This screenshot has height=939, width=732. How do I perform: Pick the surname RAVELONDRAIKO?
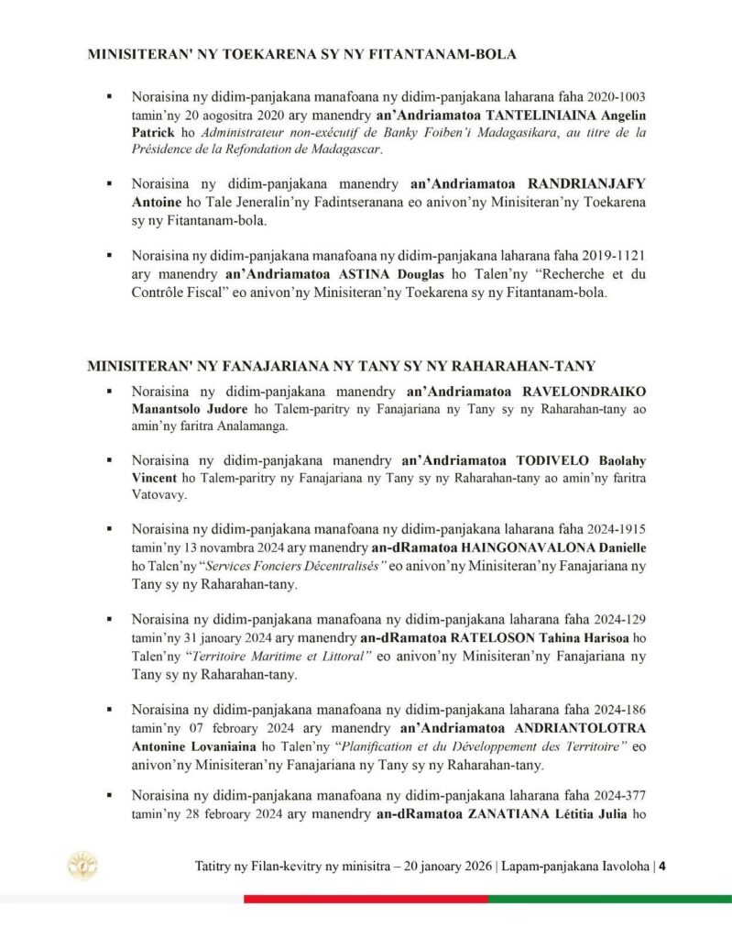584,391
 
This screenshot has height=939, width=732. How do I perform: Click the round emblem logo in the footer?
83,865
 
